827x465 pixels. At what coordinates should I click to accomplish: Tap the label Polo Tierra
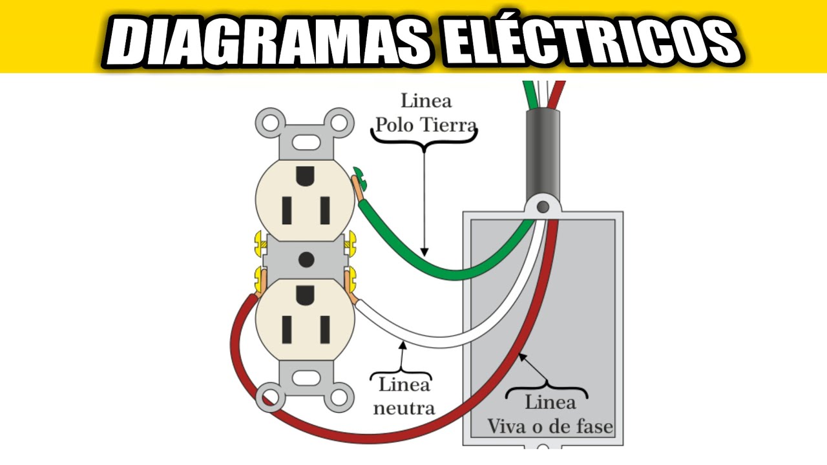(426, 125)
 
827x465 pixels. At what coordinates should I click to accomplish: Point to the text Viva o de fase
(550, 426)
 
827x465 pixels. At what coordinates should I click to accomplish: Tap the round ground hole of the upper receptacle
(305, 176)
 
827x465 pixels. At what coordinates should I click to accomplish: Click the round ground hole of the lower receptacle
(305, 295)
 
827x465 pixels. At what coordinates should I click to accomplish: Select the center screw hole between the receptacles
(306, 260)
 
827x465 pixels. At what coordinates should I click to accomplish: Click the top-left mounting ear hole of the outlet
(271, 123)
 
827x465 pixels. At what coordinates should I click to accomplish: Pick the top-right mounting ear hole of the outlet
(339, 123)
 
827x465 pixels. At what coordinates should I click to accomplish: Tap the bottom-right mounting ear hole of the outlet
(339, 398)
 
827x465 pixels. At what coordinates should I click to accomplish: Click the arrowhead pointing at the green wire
(424, 252)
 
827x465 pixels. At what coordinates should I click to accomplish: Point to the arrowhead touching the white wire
(403, 346)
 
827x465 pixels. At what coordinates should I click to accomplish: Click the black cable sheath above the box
(543, 154)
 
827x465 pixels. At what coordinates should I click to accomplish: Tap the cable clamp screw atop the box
(543, 207)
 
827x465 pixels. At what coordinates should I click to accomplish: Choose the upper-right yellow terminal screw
(350, 244)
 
